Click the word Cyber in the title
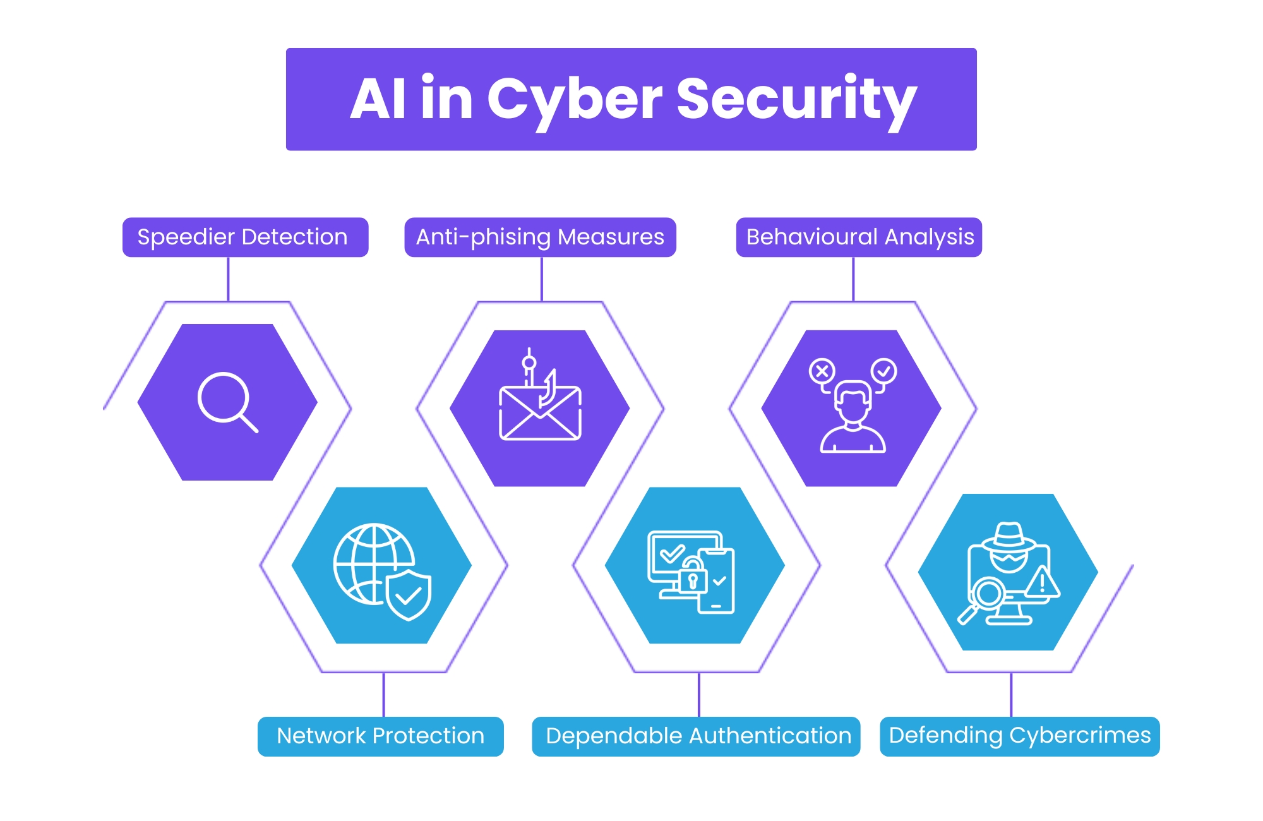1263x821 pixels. (x=574, y=99)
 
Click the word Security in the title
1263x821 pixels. (x=796, y=99)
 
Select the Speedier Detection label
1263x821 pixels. (x=244, y=237)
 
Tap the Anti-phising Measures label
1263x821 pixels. (x=540, y=237)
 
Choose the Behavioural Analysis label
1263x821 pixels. (x=859, y=237)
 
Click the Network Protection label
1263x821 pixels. (x=380, y=736)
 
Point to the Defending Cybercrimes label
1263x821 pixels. (x=1019, y=736)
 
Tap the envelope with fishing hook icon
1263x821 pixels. (x=540, y=410)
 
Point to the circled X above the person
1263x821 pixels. (x=822, y=371)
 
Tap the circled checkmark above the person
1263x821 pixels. (x=883, y=371)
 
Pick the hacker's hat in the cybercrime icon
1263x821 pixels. (x=1009, y=537)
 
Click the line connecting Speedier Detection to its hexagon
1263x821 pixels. (x=228, y=279)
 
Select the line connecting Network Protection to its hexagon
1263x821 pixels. (x=383, y=695)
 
